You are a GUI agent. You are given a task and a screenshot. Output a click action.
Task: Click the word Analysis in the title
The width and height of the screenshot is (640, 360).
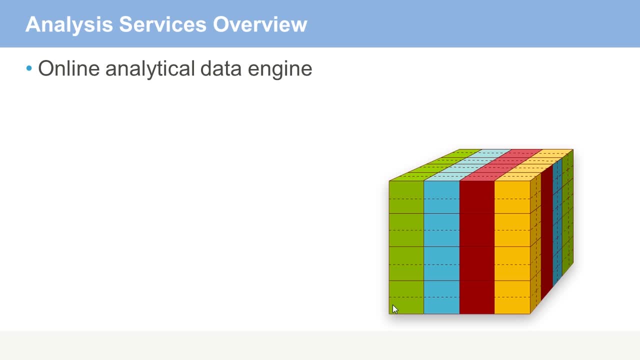69,25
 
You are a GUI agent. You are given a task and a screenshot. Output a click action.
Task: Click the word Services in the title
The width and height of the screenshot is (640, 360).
162,24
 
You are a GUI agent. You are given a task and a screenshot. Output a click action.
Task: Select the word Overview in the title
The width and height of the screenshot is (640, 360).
260,24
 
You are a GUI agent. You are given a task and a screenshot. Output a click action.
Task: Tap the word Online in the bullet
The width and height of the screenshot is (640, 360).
69,68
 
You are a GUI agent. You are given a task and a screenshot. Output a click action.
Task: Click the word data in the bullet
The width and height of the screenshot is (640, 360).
221,68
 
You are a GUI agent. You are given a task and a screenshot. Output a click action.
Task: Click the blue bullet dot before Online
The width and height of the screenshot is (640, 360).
29,68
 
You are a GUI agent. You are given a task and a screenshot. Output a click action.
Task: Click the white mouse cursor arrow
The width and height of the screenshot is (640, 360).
394,309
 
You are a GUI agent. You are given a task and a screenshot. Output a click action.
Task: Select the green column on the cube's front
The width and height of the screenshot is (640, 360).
406,247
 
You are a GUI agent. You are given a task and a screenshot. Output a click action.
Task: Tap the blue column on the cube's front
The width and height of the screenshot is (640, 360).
441,247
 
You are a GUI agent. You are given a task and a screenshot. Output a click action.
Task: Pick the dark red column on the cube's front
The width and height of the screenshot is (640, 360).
477,247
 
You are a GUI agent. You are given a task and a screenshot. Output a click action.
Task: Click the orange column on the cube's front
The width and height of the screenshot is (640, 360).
512,247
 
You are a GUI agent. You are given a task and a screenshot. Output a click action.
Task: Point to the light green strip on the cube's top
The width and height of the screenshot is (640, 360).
435,165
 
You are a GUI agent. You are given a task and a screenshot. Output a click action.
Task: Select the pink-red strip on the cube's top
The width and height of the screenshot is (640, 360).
501,165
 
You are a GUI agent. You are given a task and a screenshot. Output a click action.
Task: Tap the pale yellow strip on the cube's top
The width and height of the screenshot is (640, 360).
534,165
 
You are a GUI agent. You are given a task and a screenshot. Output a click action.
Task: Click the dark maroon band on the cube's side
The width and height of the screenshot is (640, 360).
547,232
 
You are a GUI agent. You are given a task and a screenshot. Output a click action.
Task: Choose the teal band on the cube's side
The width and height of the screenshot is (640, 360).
557,222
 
